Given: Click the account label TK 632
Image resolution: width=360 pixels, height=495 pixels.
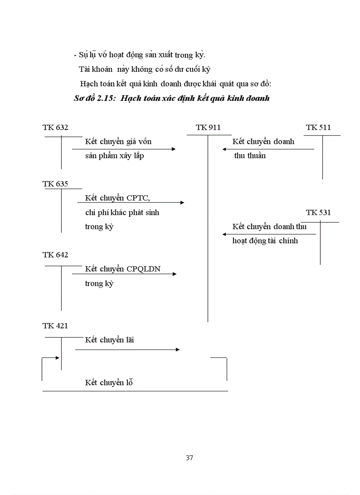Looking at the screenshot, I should [x=55, y=127].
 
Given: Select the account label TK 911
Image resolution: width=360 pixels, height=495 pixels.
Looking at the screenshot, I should [x=208, y=127].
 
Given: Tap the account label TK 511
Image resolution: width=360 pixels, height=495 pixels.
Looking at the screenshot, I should [x=318, y=127].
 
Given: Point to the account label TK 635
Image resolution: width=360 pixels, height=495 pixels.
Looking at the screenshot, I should [x=55, y=184].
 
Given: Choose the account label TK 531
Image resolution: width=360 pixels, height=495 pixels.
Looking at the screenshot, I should [x=318, y=212].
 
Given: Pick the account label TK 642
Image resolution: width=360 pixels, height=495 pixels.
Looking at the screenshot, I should [x=55, y=255].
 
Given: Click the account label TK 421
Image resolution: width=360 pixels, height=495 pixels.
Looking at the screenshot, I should [x=55, y=326].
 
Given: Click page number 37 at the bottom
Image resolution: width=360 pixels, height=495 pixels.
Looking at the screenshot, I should [x=190, y=458].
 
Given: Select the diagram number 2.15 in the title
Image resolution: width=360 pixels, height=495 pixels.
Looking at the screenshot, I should [x=107, y=98].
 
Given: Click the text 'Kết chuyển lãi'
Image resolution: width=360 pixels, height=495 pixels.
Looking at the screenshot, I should [x=109, y=340].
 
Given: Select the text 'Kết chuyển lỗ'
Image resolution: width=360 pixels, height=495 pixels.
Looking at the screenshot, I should [x=109, y=382].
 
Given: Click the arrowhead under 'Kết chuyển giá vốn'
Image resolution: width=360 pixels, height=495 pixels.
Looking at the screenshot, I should [x=174, y=149].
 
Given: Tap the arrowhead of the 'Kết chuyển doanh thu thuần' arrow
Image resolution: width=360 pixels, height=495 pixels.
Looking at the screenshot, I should [x=225, y=149].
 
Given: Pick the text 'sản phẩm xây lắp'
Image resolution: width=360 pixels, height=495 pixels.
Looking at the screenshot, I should [x=114, y=156].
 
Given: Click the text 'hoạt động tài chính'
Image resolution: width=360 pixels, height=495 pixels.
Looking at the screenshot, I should [x=265, y=241].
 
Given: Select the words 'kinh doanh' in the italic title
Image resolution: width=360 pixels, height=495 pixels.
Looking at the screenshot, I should [x=250, y=98].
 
